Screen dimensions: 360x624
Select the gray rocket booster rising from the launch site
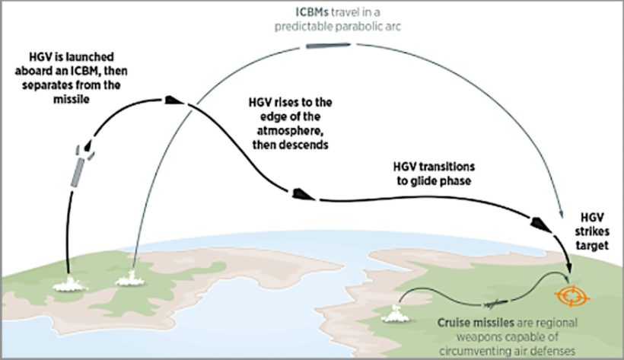[x=78, y=170]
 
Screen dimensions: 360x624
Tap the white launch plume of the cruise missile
[x=396, y=312]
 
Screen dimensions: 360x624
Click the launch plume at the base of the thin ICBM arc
[x=126, y=279]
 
